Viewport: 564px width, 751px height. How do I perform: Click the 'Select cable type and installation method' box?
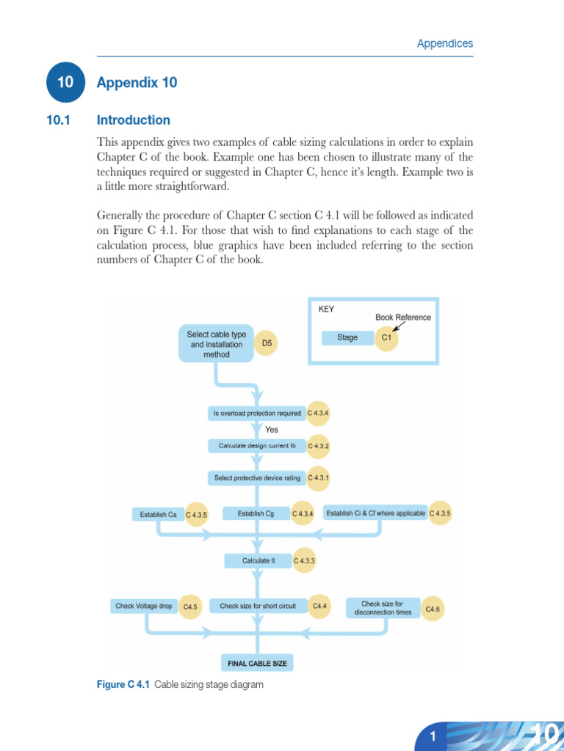click(217, 344)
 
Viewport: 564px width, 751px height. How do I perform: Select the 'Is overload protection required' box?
click(257, 414)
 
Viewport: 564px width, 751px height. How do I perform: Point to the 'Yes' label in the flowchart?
click(272, 430)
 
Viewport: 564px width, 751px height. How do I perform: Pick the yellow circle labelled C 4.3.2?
click(319, 446)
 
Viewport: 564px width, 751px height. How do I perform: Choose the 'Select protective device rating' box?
click(257, 478)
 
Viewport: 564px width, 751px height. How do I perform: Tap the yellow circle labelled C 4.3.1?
click(319, 477)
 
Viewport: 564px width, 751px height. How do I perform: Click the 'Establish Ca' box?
click(159, 515)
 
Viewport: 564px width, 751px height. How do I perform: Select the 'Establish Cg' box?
click(256, 514)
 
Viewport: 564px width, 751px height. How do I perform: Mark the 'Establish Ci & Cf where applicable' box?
click(376, 513)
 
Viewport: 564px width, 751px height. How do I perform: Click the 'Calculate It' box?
click(258, 561)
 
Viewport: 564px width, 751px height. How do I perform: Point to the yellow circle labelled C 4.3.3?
click(305, 561)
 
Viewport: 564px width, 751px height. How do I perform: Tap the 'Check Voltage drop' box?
click(144, 607)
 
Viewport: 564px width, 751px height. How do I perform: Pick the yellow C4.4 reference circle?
click(319, 607)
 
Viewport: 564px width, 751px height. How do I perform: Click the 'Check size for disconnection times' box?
click(383, 608)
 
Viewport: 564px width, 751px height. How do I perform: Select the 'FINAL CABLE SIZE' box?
click(257, 664)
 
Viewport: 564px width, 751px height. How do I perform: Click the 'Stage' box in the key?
click(347, 338)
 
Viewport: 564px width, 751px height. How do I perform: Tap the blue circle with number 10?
click(65, 83)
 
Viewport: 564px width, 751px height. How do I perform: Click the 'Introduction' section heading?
click(134, 120)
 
